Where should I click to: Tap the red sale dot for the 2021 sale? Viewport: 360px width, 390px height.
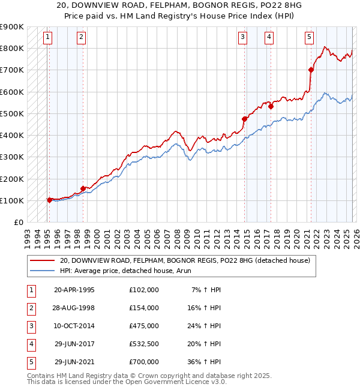click(311, 70)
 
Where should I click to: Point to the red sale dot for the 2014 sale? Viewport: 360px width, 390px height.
click(244, 119)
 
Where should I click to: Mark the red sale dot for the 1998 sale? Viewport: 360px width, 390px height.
click(83, 188)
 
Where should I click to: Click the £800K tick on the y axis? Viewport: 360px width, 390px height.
click(12, 48)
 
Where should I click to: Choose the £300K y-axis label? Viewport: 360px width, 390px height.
click(12, 157)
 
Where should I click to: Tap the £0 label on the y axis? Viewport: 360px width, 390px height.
click(17, 222)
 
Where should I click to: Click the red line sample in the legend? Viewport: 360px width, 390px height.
click(42, 260)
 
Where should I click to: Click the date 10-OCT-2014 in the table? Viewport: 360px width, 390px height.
click(74, 326)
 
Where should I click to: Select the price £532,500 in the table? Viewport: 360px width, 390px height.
click(144, 344)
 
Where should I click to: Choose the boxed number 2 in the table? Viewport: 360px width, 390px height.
click(30, 308)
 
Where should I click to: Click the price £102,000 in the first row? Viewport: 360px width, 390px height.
click(144, 290)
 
